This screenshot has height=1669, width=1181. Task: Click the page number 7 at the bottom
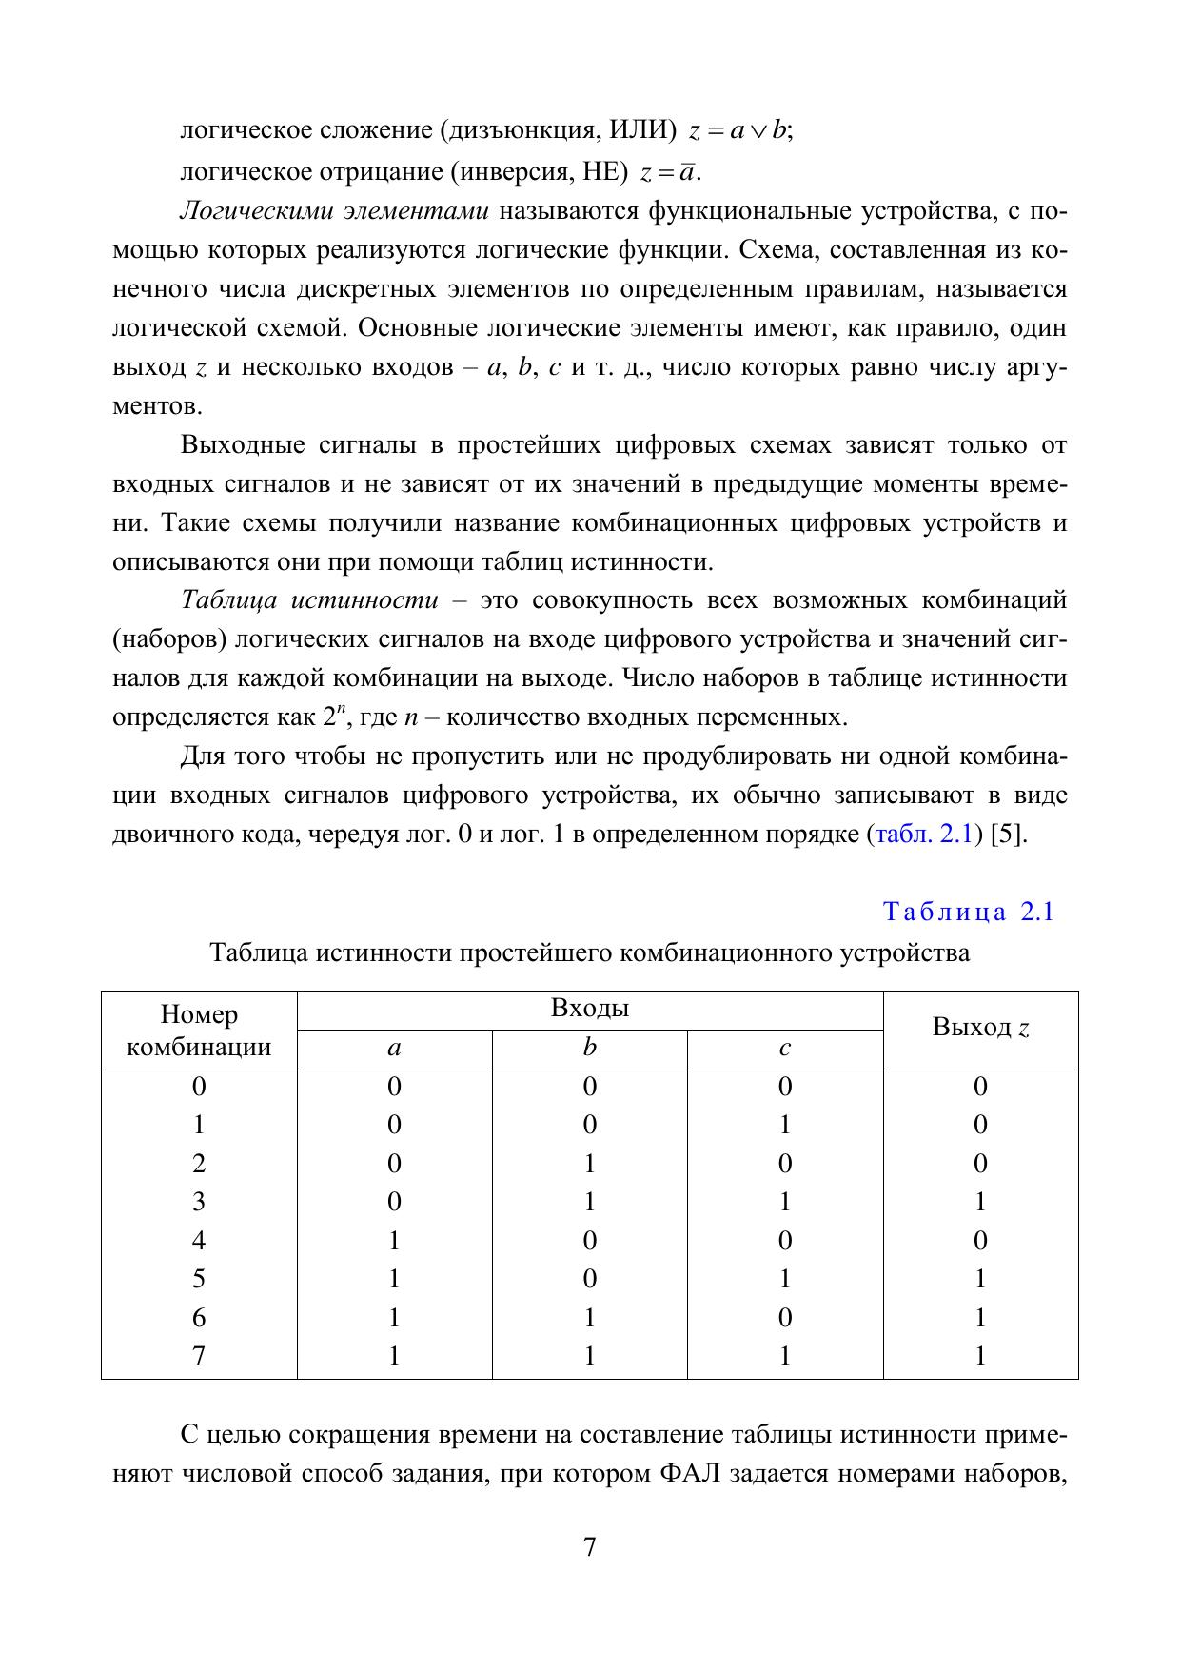(589, 1547)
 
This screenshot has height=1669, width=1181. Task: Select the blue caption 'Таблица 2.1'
(969, 912)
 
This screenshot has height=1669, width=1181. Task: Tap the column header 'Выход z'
(980, 1028)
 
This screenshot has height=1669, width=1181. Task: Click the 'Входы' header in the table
(590, 1009)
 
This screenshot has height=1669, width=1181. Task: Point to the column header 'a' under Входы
(394, 1049)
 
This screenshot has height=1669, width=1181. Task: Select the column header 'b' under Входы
(590, 1049)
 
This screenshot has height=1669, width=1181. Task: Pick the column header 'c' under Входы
(785, 1049)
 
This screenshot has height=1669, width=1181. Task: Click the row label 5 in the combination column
(199, 1278)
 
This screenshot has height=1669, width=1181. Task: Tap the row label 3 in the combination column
(199, 1202)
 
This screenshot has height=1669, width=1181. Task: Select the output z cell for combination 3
(980, 1202)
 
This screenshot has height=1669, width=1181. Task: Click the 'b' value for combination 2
(590, 1164)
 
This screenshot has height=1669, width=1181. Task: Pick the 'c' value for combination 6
(785, 1317)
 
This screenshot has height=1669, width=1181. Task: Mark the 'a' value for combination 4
(394, 1240)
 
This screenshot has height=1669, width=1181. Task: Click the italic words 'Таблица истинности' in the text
(309, 601)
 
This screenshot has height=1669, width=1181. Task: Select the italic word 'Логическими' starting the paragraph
(243, 211)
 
